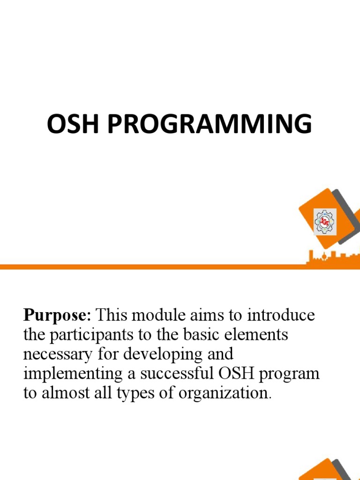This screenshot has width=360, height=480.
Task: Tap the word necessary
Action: pos(57,354)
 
